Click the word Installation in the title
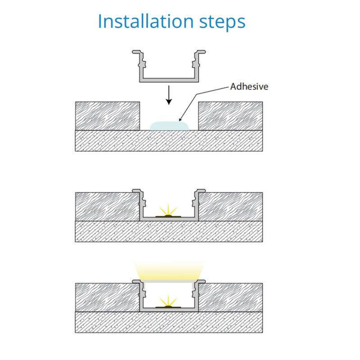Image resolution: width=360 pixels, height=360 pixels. coord(146,21)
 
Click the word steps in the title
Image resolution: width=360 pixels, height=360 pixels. coord(222,22)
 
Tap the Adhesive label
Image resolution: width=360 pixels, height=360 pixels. coord(249,86)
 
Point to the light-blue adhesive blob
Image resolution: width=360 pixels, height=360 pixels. coord(169,126)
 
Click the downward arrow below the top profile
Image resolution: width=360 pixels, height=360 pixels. coord(169,95)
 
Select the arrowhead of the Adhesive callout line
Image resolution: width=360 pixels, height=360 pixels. coord(180,119)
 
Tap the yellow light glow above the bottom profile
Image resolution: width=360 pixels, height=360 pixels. coord(169,270)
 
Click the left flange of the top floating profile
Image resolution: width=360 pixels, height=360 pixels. coord(136,52)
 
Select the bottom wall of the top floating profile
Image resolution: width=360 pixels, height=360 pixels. coord(169,80)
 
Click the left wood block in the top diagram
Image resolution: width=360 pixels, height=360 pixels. coord(108,116)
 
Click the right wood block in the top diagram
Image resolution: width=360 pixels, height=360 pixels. coord(230,116)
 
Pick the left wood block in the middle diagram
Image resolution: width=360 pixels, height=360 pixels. coord(108,207)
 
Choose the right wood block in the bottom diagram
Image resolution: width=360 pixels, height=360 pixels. coord(230,297)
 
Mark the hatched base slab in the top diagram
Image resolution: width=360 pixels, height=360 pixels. coord(169,141)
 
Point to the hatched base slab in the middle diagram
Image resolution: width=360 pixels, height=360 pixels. coord(169,231)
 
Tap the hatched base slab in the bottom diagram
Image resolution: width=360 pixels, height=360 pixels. coord(169,322)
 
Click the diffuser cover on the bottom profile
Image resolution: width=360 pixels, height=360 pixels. coord(169,281)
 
